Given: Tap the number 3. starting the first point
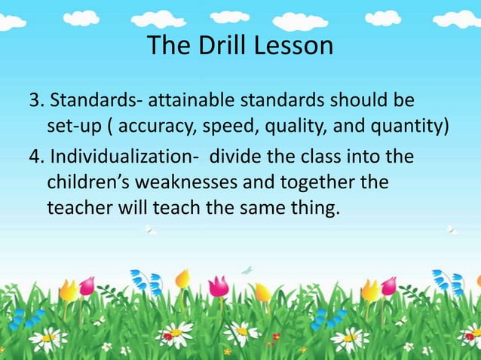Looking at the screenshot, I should click(x=35, y=102).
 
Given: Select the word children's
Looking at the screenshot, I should click(x=90, y=183).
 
